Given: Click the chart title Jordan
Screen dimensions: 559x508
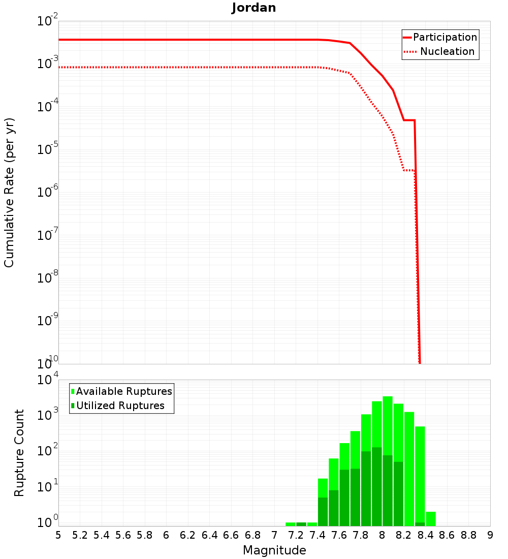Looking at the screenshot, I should (x=254, y=8).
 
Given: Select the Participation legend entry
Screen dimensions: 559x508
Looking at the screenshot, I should (x=445, y=37).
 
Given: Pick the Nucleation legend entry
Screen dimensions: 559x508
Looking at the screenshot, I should (x=447, y=51).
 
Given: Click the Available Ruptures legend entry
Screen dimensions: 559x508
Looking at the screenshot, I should (x=124, y=391).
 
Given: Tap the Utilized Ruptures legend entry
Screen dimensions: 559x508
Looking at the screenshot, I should (x=120, y=406).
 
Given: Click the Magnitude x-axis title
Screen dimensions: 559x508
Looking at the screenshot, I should (x=274, y=550).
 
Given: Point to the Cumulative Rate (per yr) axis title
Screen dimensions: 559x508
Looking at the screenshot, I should (x=9, y=193).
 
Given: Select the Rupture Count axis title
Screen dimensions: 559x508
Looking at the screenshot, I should (x=19, y=453).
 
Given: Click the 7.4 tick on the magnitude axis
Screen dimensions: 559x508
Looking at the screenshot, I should (x=317, y=535).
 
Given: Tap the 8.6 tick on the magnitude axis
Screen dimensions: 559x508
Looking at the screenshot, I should (x=447, y=535).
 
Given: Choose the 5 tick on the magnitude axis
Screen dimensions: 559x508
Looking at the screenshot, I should (x=58, y=535).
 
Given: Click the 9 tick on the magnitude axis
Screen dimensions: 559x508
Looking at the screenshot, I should (x=490, y=535).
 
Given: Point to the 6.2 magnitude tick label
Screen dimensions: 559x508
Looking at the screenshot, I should (x=188, y=535).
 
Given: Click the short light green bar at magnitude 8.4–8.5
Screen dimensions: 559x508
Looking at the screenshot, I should (x=431, y=519).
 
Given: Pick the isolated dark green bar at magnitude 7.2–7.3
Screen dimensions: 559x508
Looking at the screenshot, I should (x=301, y=524).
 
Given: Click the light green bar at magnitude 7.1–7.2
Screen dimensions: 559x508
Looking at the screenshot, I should (x=291, y=524).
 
